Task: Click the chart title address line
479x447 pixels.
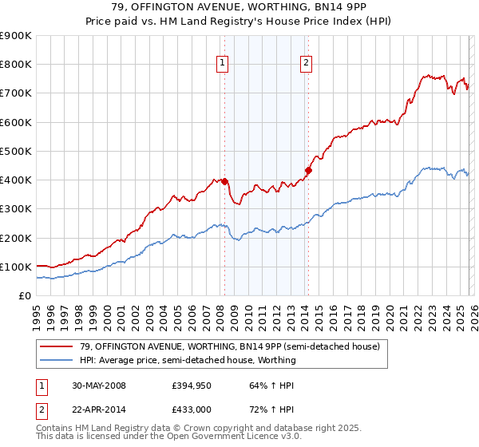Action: coord(239,8)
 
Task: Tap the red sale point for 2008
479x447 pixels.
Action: coord(224,181)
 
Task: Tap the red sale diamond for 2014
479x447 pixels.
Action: coord(308,170)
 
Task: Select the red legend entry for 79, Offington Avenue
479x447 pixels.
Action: coord(224,346)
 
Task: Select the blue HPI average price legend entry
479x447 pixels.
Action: coord(188,360)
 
